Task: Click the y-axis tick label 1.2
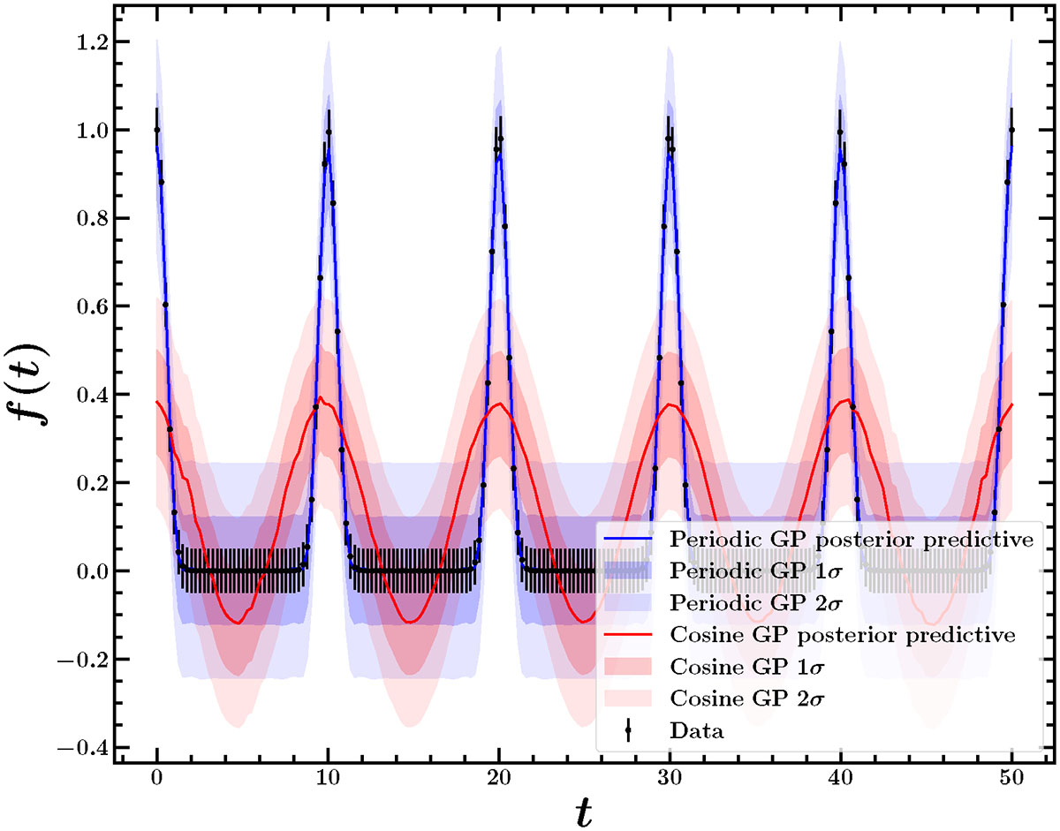(x=92, y=42)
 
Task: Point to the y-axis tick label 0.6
(x=92, y=306)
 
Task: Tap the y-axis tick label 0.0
(x=92, y=571)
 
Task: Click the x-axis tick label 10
(x=328, y=777)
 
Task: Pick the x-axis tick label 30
(x=670, y=777)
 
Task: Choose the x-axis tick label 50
(x=1011, y=777)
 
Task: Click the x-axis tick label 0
(x=156, y=777)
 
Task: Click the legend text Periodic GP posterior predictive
(x=852, y=539)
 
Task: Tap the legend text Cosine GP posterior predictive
(x=843, y=634)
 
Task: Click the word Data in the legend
(x=697, y=730)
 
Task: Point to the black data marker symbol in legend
(x=628, y=730)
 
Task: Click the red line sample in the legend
(x=628, y=634)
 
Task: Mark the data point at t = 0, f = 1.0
(x=156, y=130)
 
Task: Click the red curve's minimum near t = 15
(x=409, y=622)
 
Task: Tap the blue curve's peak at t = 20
(x=498, y=156)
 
